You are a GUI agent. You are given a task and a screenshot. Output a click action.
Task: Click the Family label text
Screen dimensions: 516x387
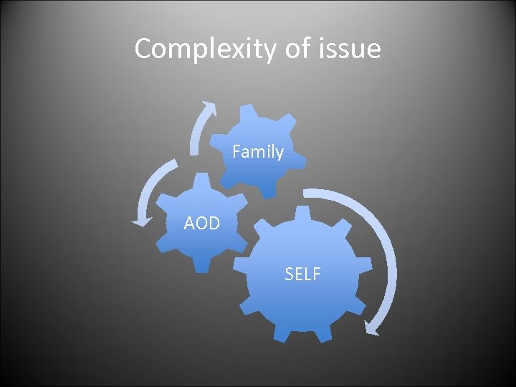coord(258,152)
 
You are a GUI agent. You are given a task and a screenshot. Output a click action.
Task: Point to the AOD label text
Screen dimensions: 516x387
coord(201,224)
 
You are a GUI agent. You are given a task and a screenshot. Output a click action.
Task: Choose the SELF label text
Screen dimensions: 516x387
coord(302,274)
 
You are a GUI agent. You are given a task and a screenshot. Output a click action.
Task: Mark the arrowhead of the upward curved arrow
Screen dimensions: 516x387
coord(209,108)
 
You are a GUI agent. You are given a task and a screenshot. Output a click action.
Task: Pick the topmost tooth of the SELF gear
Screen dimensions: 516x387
coord(302,214)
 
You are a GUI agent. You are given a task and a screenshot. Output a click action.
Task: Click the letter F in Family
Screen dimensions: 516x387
coord(237,152)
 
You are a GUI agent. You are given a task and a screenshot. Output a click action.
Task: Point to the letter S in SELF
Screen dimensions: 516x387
coord(289,274)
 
